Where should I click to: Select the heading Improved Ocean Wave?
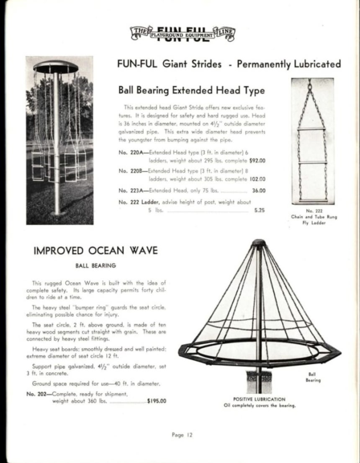tap(95, 251)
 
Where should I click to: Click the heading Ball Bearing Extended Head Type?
tap(192, 90)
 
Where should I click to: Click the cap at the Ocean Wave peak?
tap(259, 243)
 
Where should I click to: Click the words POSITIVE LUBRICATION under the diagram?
tap(260, 399)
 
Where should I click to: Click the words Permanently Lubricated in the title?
tap(289, 64)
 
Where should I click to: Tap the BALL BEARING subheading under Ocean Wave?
tap(95, 265)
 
